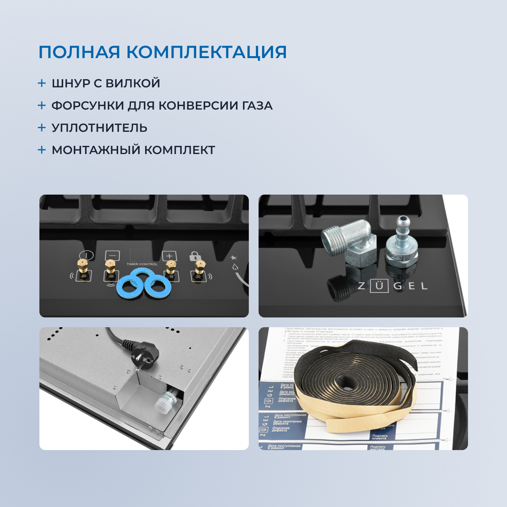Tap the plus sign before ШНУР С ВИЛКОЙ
tap(42, 83)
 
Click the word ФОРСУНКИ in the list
tap(87, 106)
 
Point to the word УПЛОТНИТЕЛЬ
tap(99, 128)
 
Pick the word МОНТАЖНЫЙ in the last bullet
tap(96, 150)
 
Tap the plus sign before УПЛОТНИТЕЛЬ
tap(42, 128)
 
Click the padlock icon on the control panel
tap(195, 256)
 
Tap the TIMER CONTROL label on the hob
tap(142, 264)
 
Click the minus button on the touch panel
tap(112, 255)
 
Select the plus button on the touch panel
tap(169, 256)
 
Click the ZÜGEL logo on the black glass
tap(392, 286)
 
